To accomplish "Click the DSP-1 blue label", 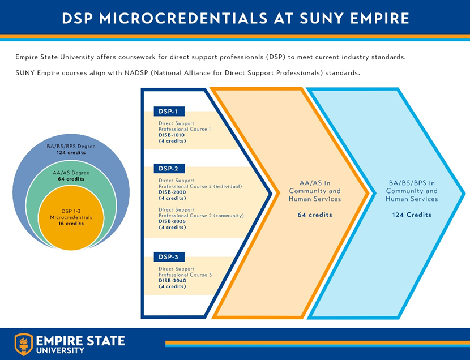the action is [169, 112].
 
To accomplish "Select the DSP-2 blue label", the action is [169, 169].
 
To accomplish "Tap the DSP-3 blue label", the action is [169, 257].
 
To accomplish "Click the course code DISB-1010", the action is [172, 135].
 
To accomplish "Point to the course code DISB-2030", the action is [172, 192].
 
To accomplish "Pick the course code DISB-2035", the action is [172, 221].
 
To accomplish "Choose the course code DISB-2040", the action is [172, 281].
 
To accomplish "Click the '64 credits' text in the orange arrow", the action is [315, 215].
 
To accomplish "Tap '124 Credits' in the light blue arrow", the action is [412, 215].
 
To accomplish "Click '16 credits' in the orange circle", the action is [71, 224].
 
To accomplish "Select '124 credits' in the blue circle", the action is [71, 152].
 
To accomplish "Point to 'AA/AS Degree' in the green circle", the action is [71, 173].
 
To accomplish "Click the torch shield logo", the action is [24, 344].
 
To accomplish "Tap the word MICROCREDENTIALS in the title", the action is [183, 18].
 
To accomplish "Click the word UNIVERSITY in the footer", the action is [60, 350].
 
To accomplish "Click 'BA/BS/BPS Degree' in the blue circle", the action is [71, 147].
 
